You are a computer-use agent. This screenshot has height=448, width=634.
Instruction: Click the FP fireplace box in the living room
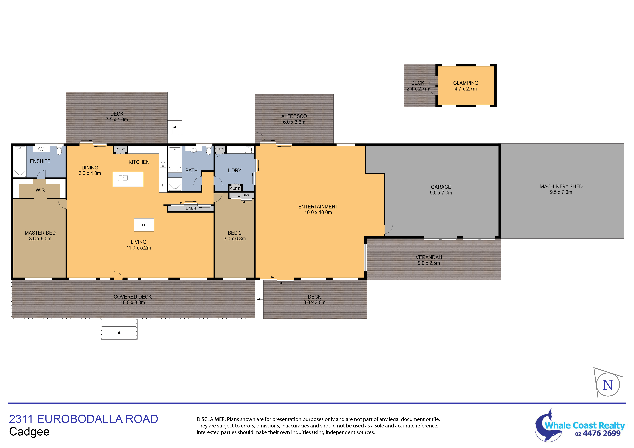[x=144, y=225]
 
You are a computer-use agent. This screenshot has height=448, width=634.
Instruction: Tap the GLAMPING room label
[x=466, y=83]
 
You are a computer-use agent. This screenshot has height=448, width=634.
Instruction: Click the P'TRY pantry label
[x=120, y=149]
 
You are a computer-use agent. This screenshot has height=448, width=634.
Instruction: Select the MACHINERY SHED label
[x=561, y=186]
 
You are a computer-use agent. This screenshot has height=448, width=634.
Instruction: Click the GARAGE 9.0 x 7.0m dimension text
[x=441, y=193]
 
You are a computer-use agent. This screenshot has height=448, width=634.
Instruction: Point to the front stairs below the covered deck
[x=119, y=328]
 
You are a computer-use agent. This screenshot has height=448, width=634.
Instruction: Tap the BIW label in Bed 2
[x=246, y=195]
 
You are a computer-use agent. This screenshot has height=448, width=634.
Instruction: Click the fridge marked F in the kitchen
[x=163, y=185]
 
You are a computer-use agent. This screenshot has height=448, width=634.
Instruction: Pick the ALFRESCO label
[x=294, y=116]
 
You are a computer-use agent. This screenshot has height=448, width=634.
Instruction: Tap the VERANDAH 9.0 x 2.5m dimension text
[x=429, y=263]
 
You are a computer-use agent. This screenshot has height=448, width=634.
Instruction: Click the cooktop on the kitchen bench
[x=163, y=164]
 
